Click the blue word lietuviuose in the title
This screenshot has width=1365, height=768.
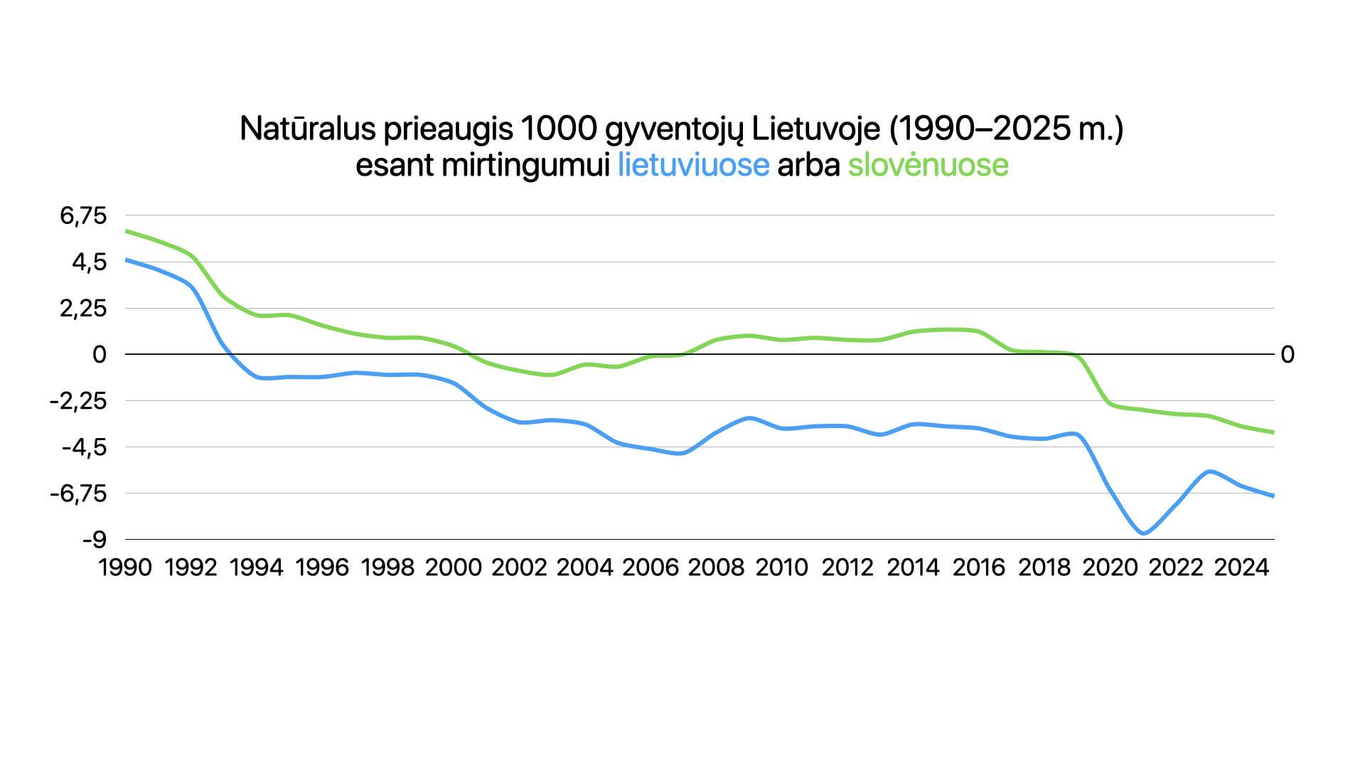(693, 165)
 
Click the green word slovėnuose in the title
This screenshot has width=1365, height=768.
(928, 165)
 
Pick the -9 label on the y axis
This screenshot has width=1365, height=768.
(94, 540)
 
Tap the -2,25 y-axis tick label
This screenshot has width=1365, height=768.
(77, 401)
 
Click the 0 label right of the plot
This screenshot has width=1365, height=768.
(1287, 354)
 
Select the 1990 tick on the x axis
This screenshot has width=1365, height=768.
(125, 567)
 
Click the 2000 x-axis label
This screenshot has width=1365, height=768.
(453, 567)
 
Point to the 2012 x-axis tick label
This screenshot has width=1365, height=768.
(847, 567)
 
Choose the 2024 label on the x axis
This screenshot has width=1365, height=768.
(1241, 567)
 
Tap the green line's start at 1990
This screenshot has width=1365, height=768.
(127, 231)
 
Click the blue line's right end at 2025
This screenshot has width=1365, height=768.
(1273, 496)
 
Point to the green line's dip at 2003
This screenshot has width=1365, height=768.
(552, 375)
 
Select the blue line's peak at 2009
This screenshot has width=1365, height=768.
(749, 417)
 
